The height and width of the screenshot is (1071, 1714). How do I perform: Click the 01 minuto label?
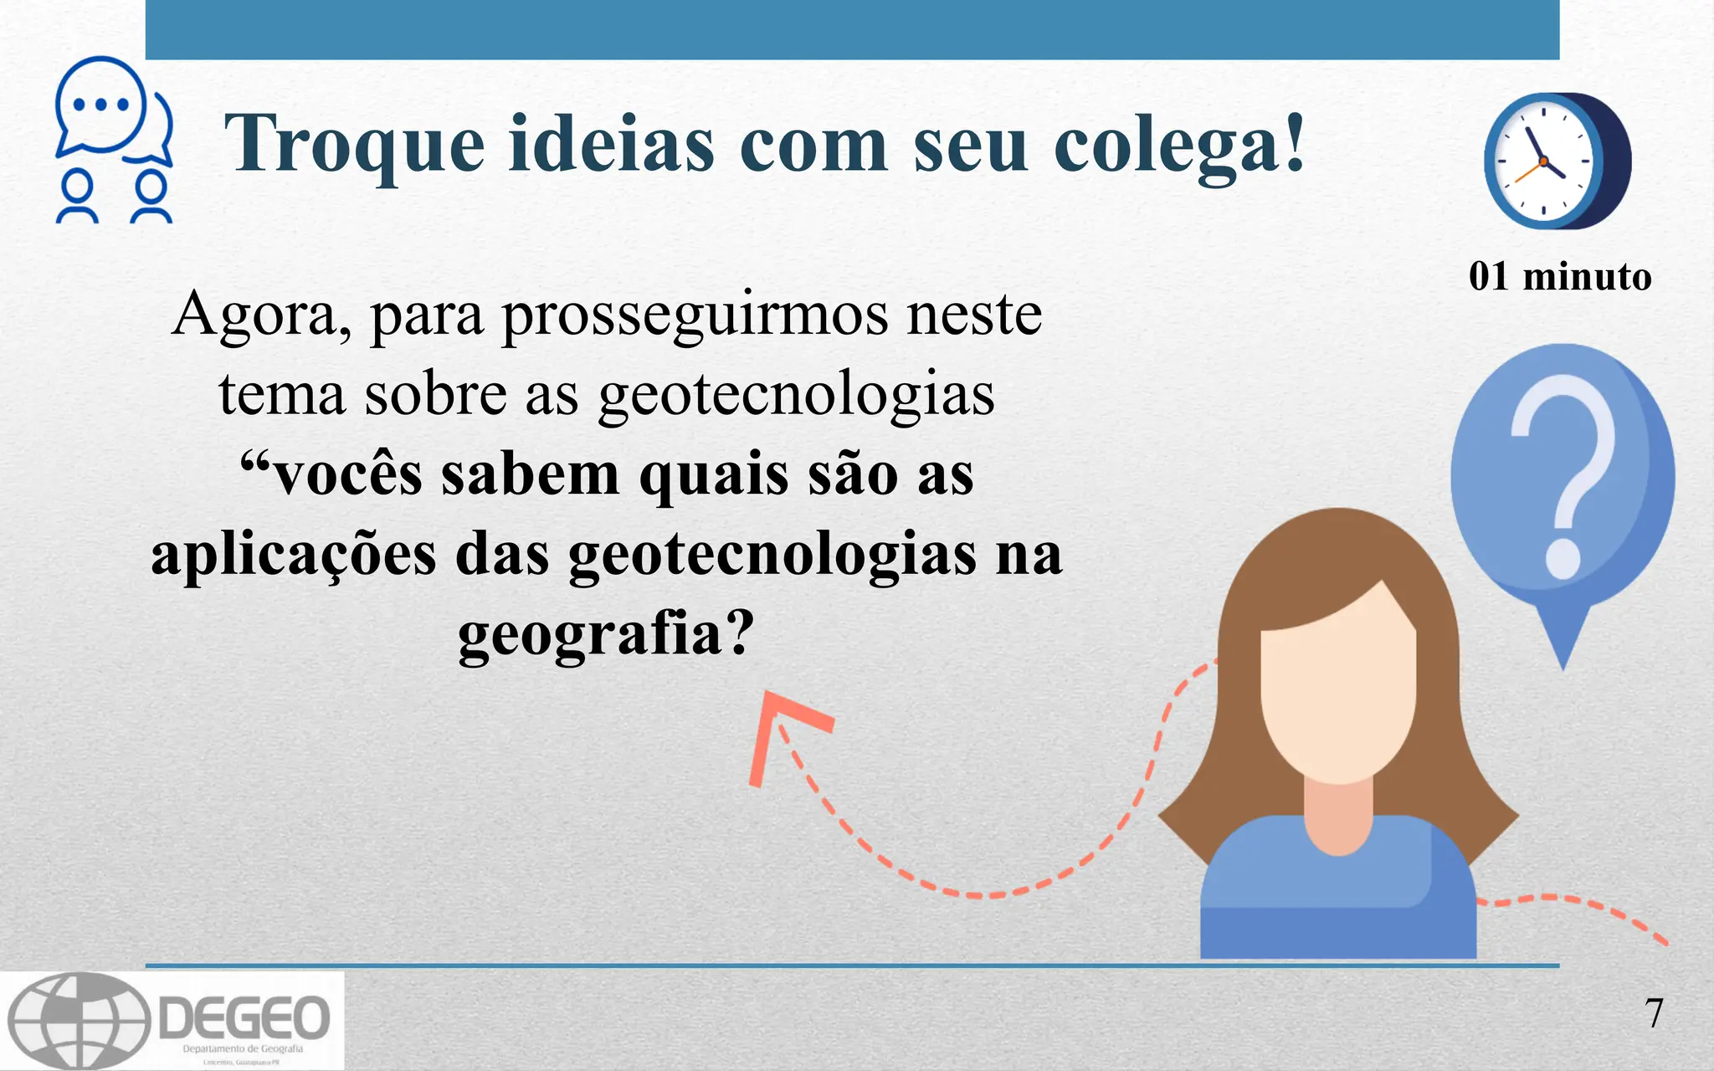[1560, 276]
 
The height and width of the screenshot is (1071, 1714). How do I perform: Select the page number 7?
[1654, 1013]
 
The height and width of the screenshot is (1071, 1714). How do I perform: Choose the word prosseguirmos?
[694, 315]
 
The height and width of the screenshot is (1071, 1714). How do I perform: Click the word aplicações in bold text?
[293, 554]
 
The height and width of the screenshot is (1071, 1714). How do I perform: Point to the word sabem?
[531, 474]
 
